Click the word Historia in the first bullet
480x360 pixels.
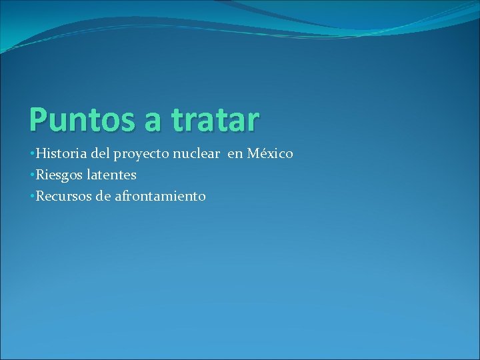tap(61, 154)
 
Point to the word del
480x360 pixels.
tap(101, 154)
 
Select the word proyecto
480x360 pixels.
tap(142, 155)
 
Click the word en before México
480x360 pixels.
tap(235, 155)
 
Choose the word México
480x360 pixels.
tap(270, 154)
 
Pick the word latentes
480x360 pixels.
tap(111, 175)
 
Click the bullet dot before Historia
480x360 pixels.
tap(33, 155)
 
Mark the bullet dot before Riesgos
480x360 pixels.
tap(33, 176)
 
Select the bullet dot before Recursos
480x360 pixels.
tap(33, 197)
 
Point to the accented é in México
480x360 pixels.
tap(263, 154)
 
